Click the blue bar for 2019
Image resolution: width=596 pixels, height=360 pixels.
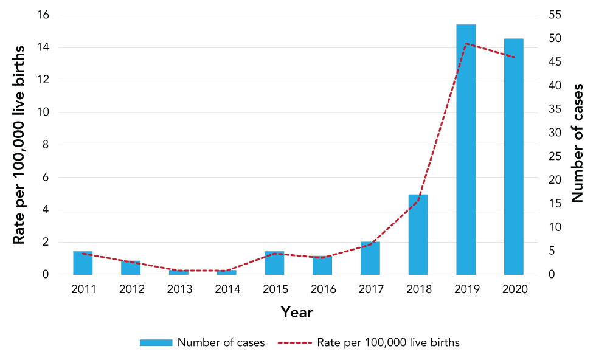click(x=466, y=150)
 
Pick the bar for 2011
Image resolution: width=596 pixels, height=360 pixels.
click(x=83, y=263)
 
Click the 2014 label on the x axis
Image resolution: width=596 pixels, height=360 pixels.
click(x=227, y=289)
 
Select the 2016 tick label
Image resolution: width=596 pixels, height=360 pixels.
click(x=323, y=289)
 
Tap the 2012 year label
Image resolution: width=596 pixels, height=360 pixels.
click(x=131, y=289)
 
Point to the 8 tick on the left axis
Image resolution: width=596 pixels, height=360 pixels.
click(x=46, y=145)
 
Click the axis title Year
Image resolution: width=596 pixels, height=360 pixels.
click(x=297, y=313)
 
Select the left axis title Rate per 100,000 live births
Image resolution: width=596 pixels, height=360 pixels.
click(x=19, y=145)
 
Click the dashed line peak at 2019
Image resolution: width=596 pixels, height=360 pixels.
click(x=466, y=43)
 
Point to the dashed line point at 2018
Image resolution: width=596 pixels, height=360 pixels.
click(x=418, y=201)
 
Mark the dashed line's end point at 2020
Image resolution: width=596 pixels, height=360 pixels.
click(x=514, y=58)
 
